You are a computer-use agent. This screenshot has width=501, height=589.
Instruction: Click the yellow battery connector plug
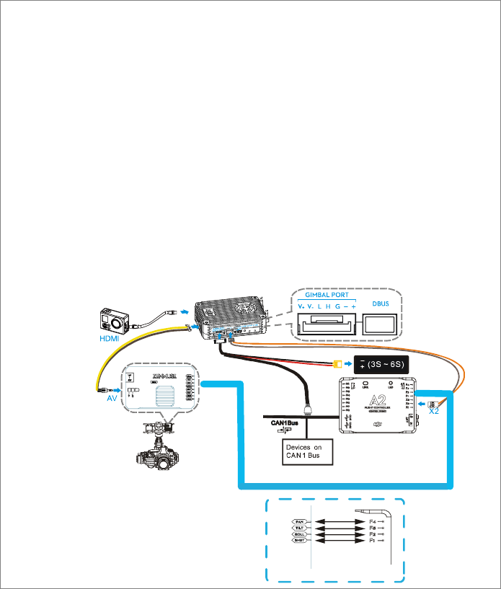tap(337, 363)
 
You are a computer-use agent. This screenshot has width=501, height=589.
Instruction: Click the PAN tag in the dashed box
tap(299, 520)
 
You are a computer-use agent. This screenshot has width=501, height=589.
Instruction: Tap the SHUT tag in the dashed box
tap(299, 540)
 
